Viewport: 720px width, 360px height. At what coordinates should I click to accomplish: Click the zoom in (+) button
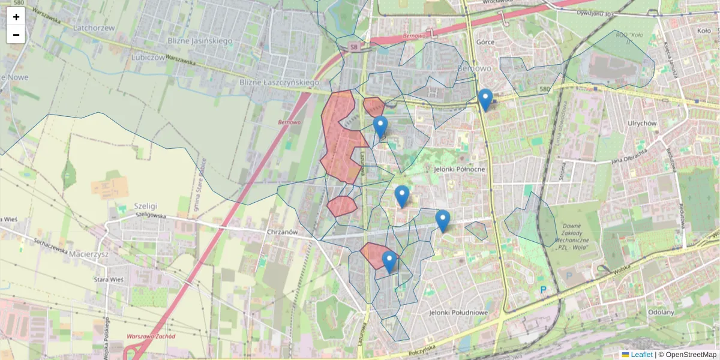click(16, 17)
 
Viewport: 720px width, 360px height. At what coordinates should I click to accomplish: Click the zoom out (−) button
click(16, 35)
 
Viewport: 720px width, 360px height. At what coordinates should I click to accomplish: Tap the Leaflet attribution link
click(641, 355)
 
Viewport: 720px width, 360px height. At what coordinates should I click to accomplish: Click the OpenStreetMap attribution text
click(691, 355)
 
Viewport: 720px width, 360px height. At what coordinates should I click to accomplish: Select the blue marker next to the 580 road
click(485, 100)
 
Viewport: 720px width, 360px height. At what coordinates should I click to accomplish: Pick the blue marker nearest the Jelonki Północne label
click(402, 196)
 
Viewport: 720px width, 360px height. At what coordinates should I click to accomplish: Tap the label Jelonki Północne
click(458, 169)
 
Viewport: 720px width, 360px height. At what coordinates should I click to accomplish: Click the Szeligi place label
click(145, 204)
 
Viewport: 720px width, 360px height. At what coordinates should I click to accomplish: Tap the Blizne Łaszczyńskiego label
click(279, 82)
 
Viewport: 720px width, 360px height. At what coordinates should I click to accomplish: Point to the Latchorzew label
click(94, 28)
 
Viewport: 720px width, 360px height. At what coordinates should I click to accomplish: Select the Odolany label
click(661, 312)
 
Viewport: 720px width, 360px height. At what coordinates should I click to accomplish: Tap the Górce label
click(485, 43)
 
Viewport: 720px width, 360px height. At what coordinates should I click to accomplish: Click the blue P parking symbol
click(544, 290)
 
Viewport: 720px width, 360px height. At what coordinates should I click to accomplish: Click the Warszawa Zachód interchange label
click(151, 337)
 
